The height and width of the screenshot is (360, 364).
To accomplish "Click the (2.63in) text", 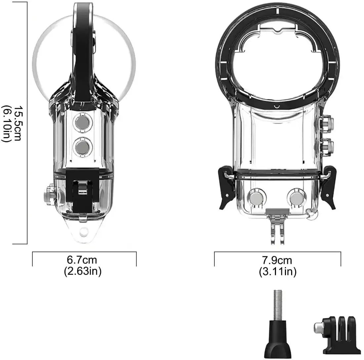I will [x=82, y=271].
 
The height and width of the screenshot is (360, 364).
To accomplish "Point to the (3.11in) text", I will [x=277, y=272].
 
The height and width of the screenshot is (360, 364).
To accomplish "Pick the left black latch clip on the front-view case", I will [x=225, y=188].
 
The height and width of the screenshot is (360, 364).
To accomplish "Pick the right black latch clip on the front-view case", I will [x=329, y=188].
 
